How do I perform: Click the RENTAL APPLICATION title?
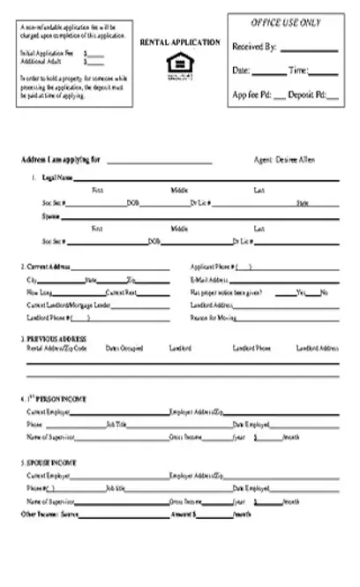point(180,41)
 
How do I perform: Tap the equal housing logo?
point(179,65)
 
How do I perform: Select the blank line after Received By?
point(308,49)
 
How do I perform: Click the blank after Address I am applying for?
point(160,162)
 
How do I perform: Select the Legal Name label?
point(56,177)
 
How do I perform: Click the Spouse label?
point(51,214)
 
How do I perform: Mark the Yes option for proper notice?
point(300,292)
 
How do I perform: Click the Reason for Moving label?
point(213,317)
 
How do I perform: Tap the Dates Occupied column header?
point(124,348)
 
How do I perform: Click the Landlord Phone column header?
point(251,348)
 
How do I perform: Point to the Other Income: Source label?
point(44,513)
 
